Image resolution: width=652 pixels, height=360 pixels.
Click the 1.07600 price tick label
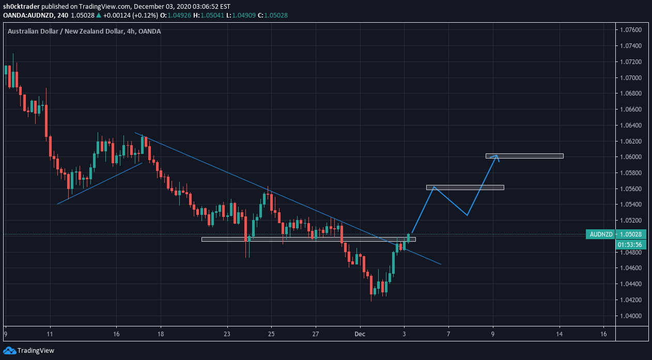click(x=630, y=30)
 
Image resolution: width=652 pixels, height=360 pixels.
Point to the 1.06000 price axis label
click(x=630, y=157)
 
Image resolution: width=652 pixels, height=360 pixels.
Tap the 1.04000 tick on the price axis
click(x=630, y=316)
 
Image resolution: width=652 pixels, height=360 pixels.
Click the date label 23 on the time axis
click(x=227, y=334)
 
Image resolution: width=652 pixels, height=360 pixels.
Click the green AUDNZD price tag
click(x=600, y=234)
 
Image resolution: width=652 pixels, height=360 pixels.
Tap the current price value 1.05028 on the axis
click(x=630, y=234)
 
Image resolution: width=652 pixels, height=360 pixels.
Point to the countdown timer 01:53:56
click(x=630, y=244)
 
